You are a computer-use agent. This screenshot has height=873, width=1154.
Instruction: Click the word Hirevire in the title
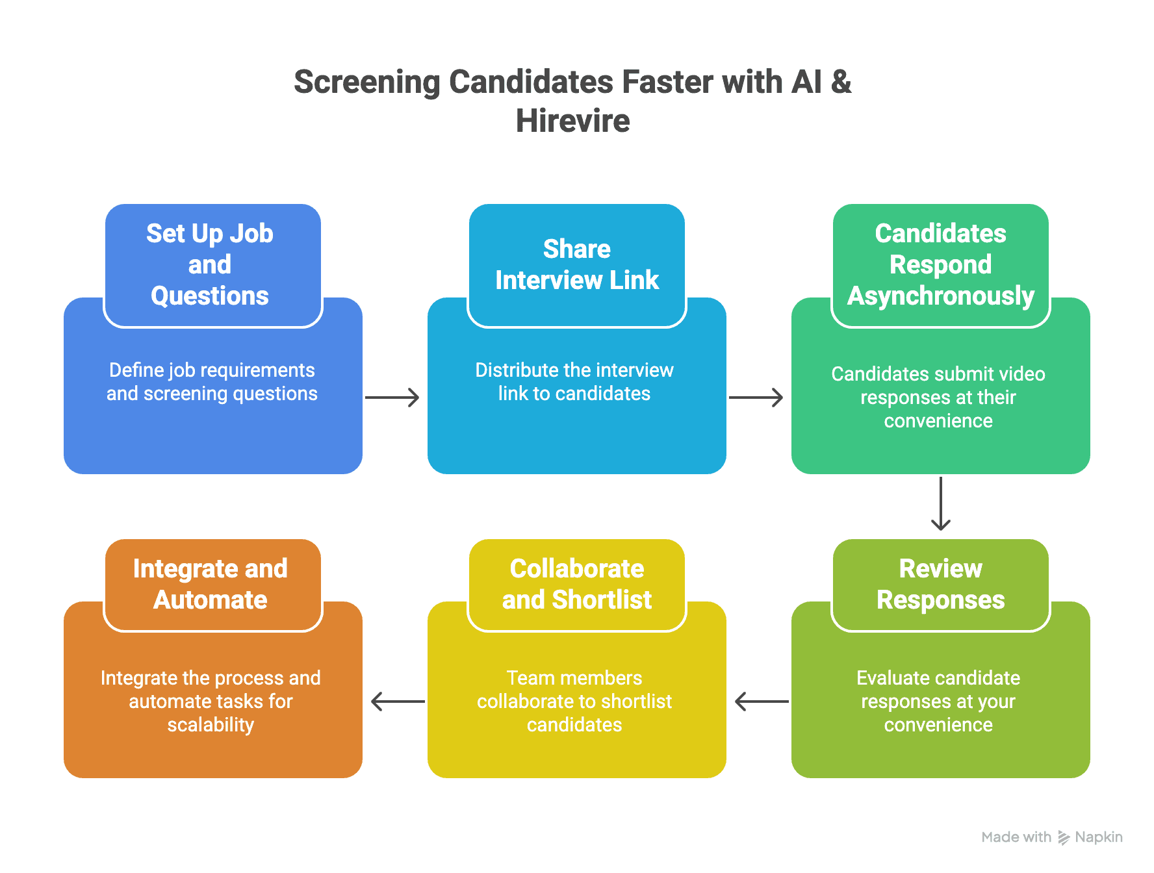(x=572, y=121)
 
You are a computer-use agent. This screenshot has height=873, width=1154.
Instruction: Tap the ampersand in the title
(x=841, y=82)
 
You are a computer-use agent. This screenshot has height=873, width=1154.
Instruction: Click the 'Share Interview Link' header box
(x=576, y=265)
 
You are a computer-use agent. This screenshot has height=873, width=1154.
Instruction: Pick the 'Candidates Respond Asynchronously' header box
(x=940, y=265)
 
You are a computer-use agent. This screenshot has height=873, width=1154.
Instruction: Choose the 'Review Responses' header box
(x=940, y=585)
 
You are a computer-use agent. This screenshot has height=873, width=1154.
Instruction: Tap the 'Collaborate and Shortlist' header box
(x=576, y=585)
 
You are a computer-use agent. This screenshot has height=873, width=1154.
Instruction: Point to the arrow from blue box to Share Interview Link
(x=392, y=398)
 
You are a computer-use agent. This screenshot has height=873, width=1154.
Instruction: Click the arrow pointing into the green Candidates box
(x=756, y=398)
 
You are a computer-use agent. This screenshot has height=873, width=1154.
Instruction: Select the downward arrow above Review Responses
(x=941, y=504)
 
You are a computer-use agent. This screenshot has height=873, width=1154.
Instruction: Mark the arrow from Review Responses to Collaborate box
(x=762, y=702)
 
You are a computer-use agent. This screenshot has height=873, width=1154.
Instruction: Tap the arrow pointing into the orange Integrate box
(x=398, y=702)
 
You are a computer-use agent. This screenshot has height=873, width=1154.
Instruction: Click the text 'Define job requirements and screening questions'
(x=212, y=382)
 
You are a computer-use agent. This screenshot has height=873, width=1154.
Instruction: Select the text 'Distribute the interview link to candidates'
(x=574, y=382)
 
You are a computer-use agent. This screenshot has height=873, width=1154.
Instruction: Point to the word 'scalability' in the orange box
(x=211, y=725)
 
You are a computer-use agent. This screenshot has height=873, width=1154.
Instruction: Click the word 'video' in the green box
(x=1021, y=374)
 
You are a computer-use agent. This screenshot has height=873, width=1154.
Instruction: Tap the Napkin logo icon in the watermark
(x=1063, y=838)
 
